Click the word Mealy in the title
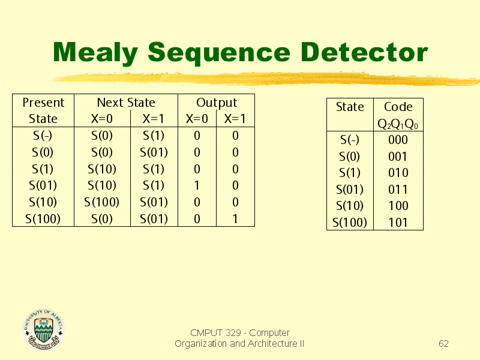point(95,53)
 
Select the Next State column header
point(126,103)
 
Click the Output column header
point(217,103)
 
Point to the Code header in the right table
point(398,107)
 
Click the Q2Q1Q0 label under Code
point(398,124)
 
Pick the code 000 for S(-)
point(398,140)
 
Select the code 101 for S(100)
point(398,223)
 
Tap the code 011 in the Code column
point(398,190)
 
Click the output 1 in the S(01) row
point(197,185)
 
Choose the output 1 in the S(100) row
point(235,219)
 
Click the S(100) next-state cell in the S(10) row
point(101,202)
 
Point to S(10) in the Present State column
point(43,202)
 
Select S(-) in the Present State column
point(43,136)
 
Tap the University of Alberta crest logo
point(43,329)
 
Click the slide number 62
point(443,343)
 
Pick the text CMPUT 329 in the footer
point(215,333)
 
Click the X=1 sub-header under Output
point(235,119)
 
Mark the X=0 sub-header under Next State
point(102,119)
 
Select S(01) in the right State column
point(350,190)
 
